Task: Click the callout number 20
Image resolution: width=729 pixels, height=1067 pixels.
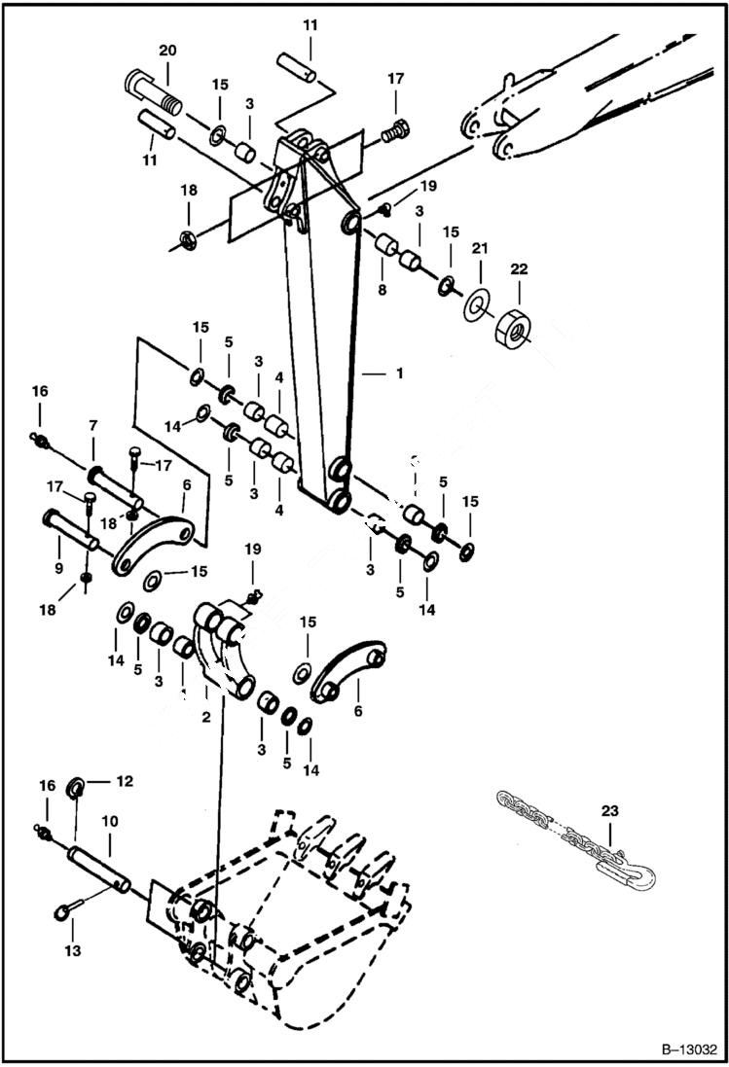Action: [167, 50]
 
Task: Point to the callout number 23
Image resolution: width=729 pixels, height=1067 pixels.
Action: [609, 809]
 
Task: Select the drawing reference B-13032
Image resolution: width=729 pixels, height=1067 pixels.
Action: [687, 1049]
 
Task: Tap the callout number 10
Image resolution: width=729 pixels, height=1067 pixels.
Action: [110, 821]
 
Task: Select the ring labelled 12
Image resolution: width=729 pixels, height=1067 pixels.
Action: [75, 786]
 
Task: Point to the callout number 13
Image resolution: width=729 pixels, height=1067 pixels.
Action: [73, 949]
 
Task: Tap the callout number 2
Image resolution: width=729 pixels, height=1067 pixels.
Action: [206, 718]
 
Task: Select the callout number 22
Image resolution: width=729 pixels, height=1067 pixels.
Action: [518, 268]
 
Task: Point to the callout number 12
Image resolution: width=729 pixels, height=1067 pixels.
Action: [125, 780]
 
